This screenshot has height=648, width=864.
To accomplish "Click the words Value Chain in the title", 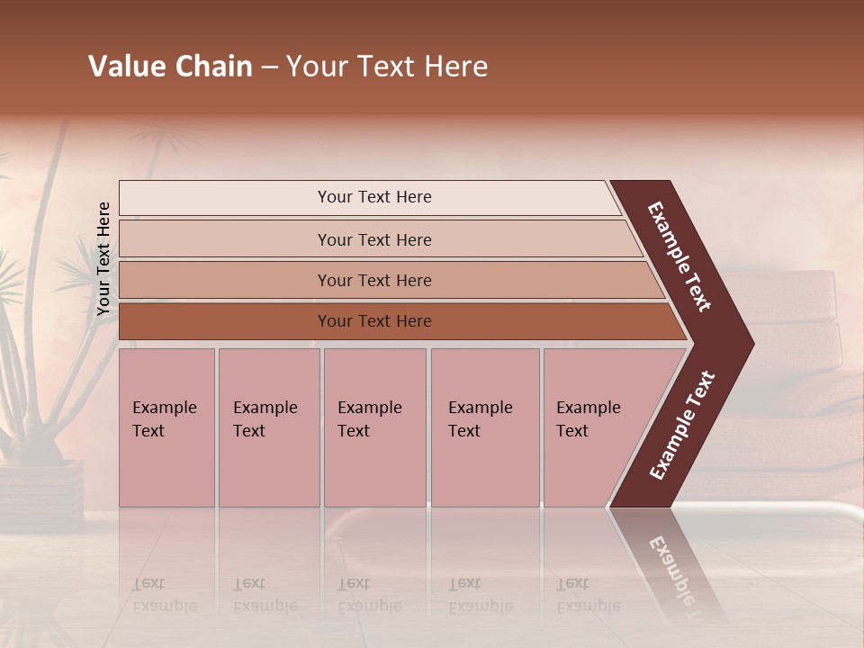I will [170, 67].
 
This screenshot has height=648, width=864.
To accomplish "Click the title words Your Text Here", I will [387, 67].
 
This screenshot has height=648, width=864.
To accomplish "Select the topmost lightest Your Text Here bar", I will [373, 197].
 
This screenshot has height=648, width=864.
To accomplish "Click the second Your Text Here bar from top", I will [373, 239].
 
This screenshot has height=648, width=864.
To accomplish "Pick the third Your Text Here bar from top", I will [373, 280].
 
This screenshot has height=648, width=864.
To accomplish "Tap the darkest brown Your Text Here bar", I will [373, 321].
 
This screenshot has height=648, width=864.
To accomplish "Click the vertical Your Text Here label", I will [103, 258].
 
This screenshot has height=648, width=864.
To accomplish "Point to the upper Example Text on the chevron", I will [679, 256].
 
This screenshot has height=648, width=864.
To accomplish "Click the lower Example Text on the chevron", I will [681, 426].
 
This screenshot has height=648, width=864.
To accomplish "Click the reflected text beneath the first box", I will [164, 595].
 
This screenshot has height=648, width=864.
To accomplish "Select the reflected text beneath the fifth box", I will [588, 595].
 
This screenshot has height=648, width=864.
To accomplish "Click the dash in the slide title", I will [269, 67].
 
